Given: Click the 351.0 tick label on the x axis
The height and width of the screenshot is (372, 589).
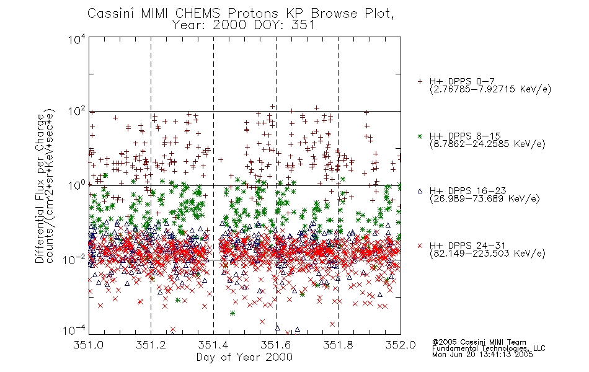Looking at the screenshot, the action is click(88, 345).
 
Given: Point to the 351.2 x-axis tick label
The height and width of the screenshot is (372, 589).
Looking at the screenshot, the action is click(151, 345).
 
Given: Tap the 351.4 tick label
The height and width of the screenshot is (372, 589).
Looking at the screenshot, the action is click(213, 345).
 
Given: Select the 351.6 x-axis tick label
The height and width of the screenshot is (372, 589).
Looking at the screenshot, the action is click(276, 345).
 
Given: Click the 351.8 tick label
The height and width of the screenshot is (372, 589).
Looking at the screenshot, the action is click(338, 345).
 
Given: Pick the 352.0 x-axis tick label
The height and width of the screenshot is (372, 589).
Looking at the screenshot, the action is click(401, 345).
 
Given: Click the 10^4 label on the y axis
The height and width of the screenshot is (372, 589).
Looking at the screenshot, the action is click(77, 40).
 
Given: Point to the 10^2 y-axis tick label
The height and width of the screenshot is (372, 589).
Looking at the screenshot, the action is click(77, 112).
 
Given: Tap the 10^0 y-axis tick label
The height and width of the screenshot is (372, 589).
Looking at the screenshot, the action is click(77, 185).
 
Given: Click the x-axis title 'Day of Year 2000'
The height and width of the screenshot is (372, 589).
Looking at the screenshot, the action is click(244, 357).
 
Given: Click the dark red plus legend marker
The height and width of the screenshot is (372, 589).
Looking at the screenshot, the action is click(420, 81).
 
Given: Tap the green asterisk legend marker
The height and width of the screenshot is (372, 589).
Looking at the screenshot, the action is click(420, 136).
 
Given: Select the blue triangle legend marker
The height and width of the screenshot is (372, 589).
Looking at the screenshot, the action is click(420, 191).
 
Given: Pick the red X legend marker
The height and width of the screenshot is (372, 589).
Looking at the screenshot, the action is click(420, 246).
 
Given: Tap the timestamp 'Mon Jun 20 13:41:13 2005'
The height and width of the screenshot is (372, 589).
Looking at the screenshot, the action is click(482, 355).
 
